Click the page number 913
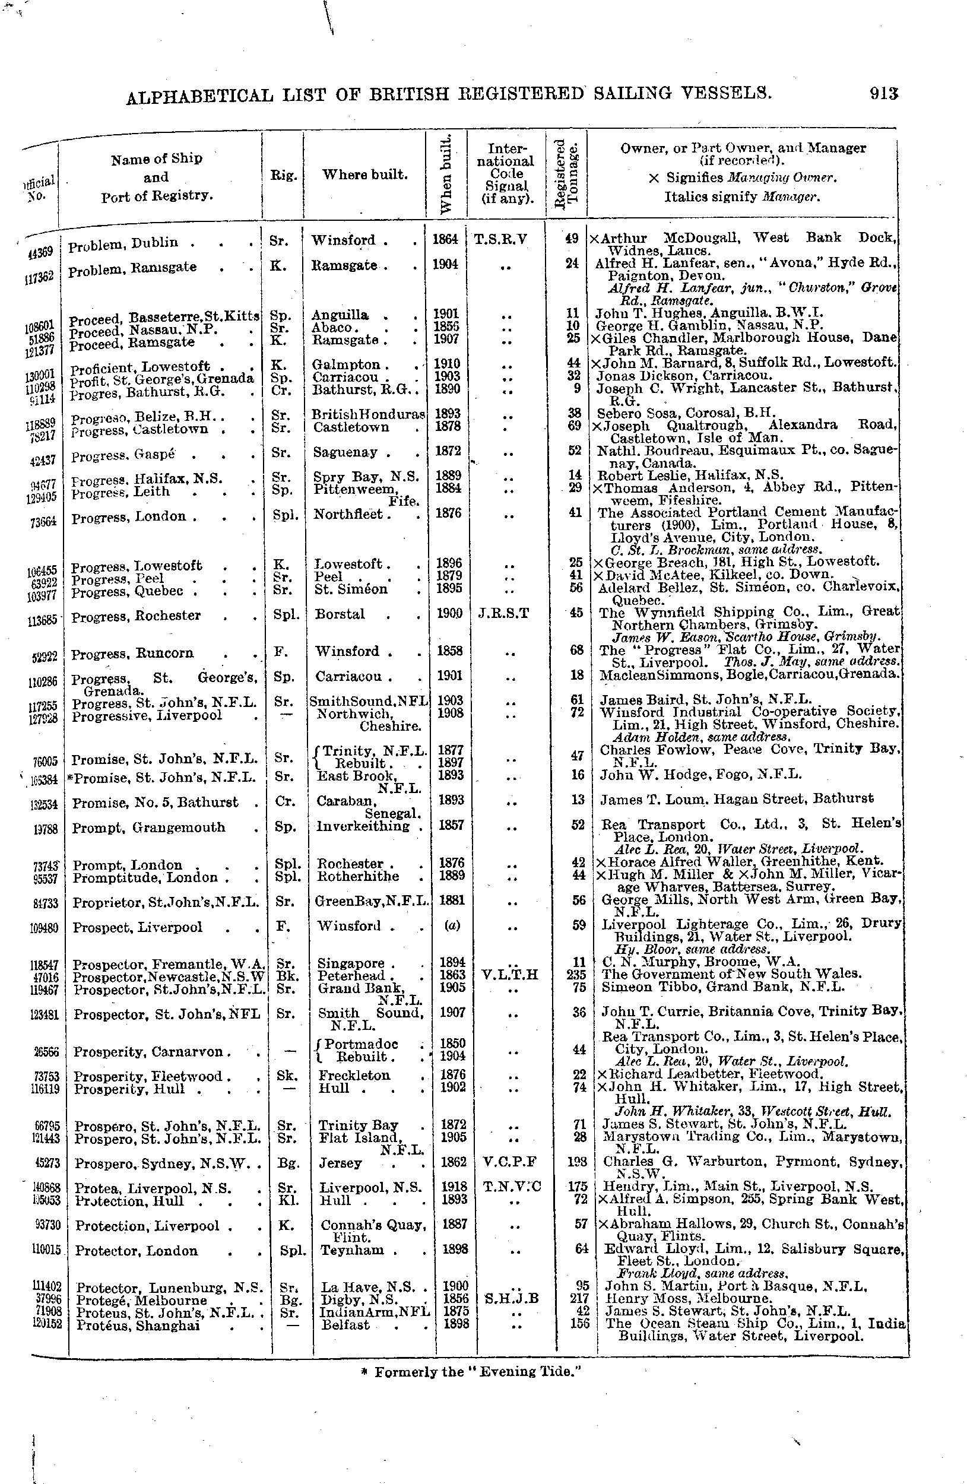click(x=883, y=94)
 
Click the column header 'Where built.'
click(x=364, y=175)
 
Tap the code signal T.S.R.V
click(x=500, y=239)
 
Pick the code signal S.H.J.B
click(x=511, y=1299)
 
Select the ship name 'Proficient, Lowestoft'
click(x=139, y=367)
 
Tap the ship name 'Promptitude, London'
click(x=145, y=877)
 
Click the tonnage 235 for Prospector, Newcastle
click(x=578, y=975)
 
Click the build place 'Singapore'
click(x=351, y=963)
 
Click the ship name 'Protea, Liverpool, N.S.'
click(x=153, y=1188)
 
